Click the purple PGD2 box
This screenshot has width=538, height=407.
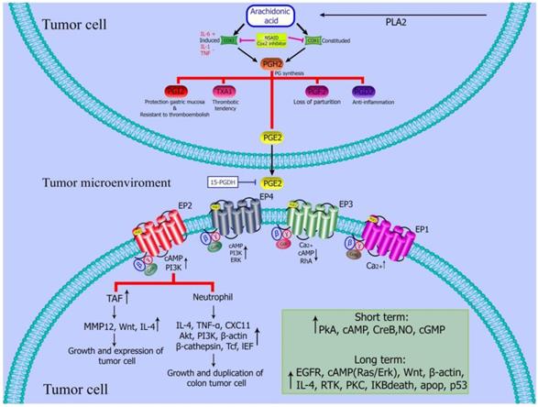pyautogui.click(x=359, y=92)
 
